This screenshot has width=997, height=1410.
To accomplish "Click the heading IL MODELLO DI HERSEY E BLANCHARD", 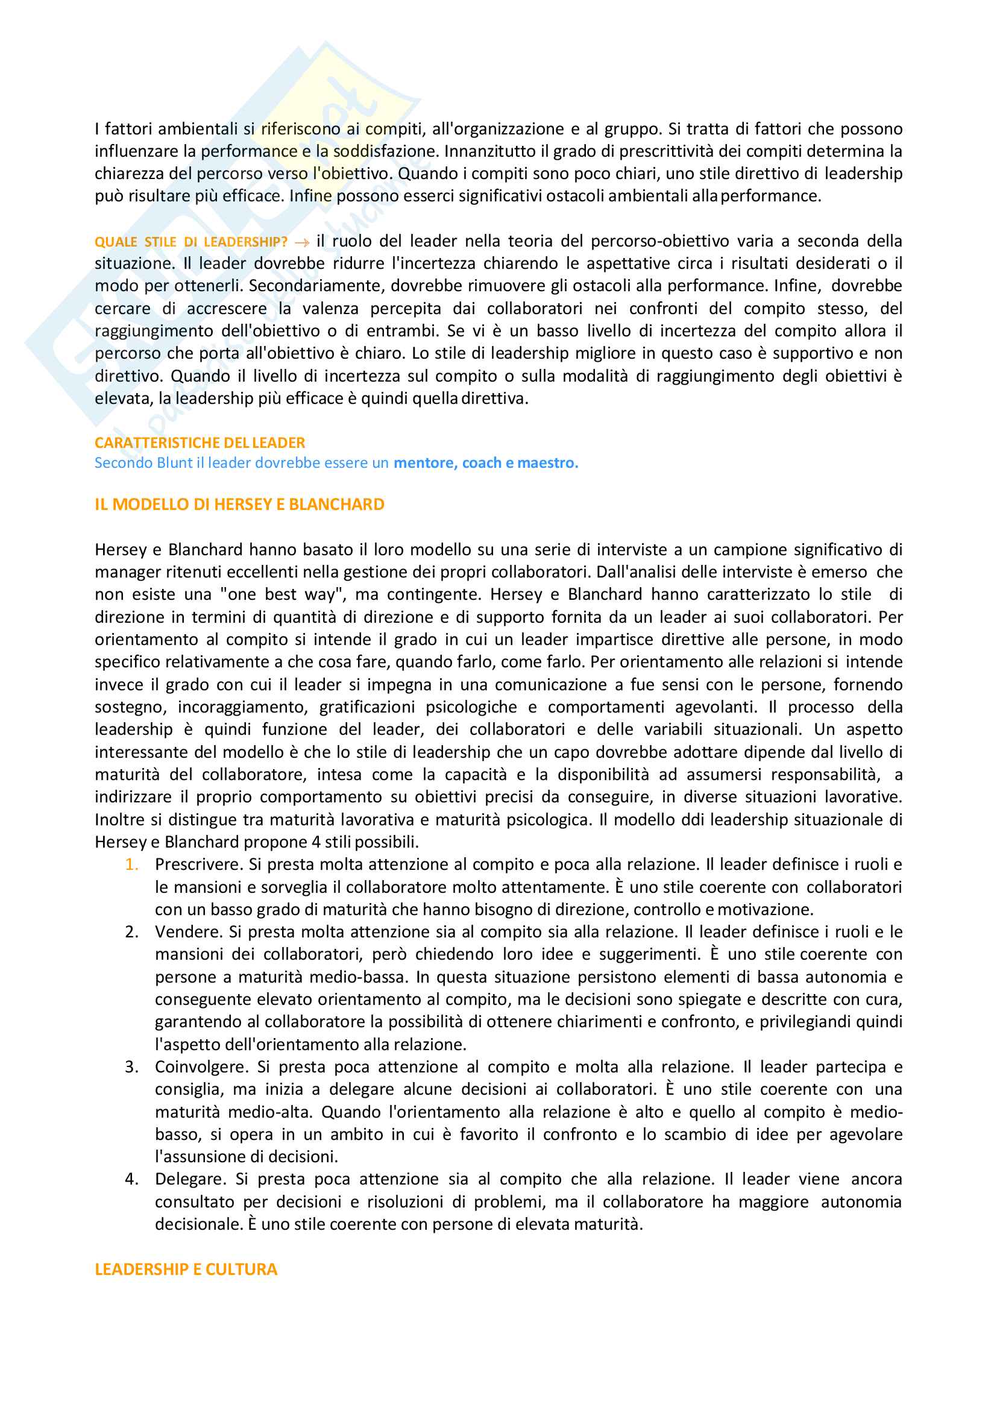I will click(239, 504).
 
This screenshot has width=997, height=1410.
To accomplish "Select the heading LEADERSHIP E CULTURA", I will click(186, 1269).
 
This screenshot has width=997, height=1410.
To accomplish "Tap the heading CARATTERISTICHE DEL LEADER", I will click(200, 443).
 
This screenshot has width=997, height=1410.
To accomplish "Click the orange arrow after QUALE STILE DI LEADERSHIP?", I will click(302, 242).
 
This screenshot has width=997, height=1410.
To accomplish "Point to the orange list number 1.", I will click(131, 864).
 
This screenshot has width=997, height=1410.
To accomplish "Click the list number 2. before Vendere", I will click(131, 932).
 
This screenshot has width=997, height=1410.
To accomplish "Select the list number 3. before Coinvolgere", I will click(131, 1067).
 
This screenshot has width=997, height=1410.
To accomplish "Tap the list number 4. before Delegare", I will click(131, 1179).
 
